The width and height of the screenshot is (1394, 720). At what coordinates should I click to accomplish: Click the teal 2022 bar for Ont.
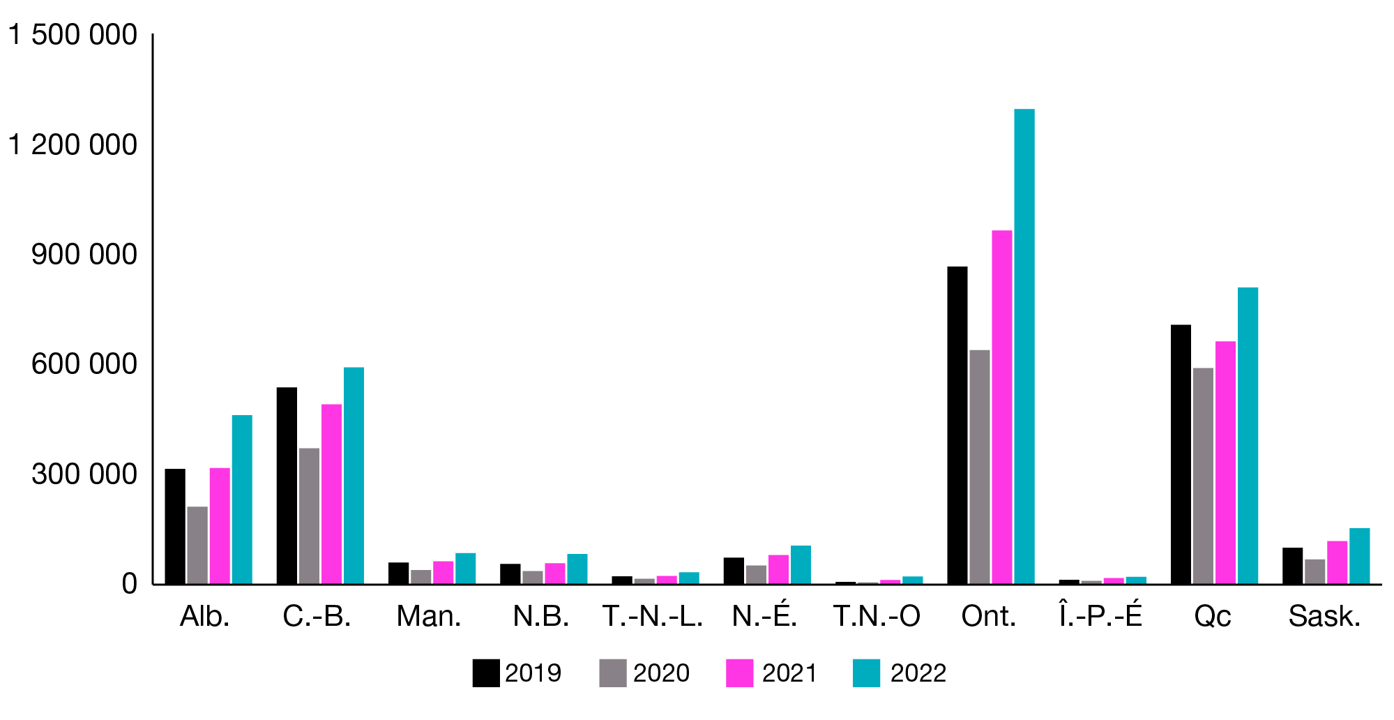(1024, 347)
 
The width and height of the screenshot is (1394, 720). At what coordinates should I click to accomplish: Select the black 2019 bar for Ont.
(957, 426)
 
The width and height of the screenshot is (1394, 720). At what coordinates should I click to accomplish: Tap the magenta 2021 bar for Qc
(1225, 463)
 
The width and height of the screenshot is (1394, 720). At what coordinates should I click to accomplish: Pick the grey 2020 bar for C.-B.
(309, 516)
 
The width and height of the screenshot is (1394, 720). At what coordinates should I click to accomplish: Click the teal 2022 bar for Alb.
(242, 500)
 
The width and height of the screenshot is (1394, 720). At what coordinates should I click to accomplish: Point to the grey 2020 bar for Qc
(1203, 476)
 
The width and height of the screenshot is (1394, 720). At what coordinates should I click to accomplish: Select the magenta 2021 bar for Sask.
(1337, 562)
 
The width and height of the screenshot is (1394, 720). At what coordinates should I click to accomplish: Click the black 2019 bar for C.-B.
(287, 486)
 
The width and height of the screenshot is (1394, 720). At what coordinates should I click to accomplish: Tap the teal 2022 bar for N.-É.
(801, 565)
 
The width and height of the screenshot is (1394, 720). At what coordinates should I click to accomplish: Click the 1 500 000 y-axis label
(73, 35)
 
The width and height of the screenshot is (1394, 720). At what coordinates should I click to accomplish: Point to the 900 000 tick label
(84, 255)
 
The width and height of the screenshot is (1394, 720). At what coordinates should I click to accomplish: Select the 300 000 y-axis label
(84, 474)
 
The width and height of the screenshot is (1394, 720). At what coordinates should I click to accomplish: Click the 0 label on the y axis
(129, 584)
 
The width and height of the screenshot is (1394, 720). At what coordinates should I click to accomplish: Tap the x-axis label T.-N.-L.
(653, 616)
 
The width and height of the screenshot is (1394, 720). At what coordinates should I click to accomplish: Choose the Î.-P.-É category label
(1100, 615)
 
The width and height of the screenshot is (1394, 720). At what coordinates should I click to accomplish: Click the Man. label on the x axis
(429, 616)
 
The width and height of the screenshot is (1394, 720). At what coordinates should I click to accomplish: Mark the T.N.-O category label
(877, 616)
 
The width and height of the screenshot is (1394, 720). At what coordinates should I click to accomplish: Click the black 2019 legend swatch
(485, 673)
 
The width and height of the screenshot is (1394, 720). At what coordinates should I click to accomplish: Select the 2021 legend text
(789, 673)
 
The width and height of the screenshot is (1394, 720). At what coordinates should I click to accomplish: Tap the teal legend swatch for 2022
(866, 673)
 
